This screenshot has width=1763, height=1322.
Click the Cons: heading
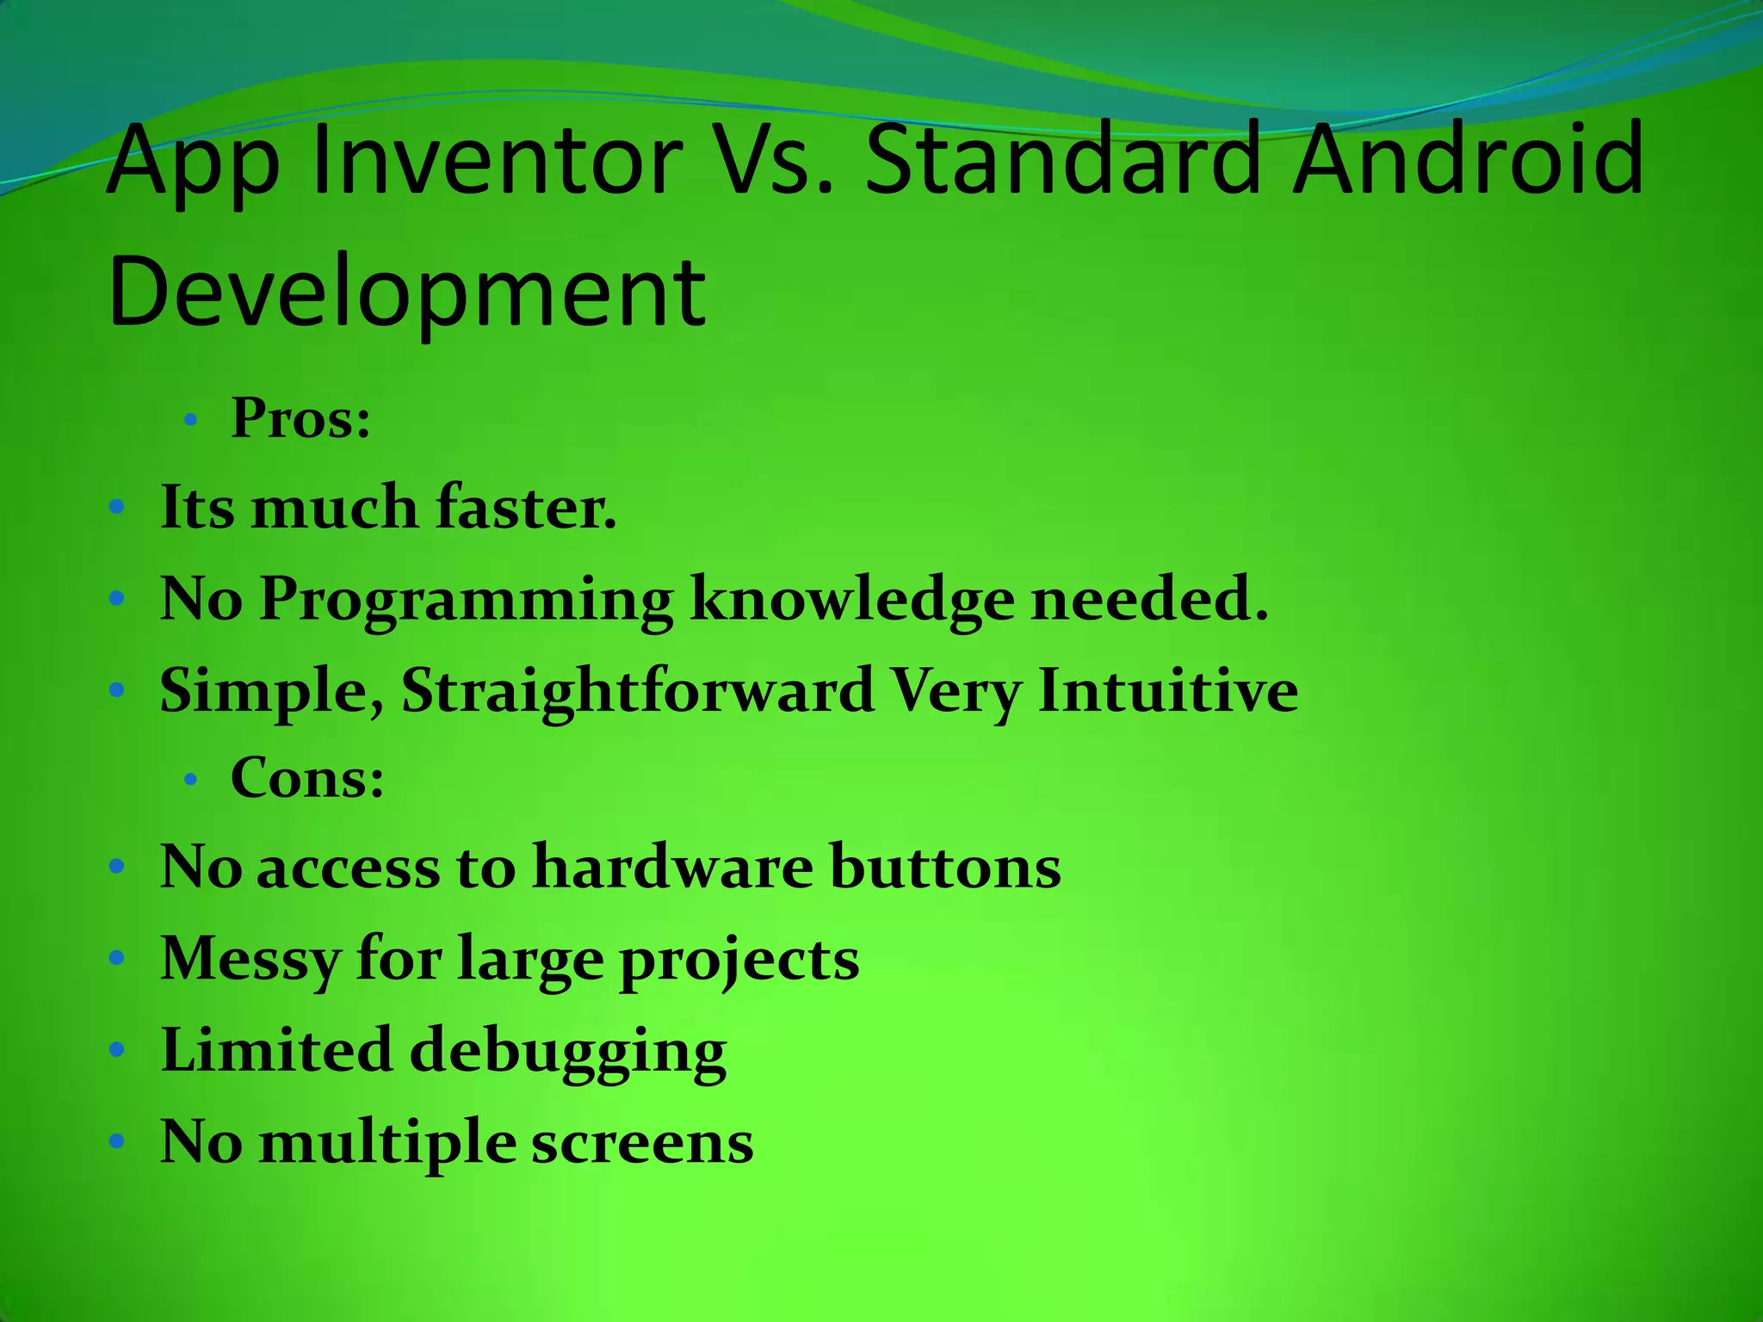pyautogui.click(x=307, y=778)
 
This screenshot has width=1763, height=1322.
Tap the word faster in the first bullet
pyautogui.click(x=526, y=507)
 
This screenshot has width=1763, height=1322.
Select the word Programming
pyautogui.click(x=466, y=599)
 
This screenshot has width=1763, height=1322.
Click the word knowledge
pyautogui.click(x=852, y=599)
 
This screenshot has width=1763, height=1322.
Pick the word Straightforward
pyautogui.click(x=638, y=691)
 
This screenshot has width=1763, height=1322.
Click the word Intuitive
pyautogui.click(x=1167, y=690)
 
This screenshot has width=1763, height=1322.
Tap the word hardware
pyautogui.click(x=672, y=867)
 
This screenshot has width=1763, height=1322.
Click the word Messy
pyautogui.click(x=251, y=959)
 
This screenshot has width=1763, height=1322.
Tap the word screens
pyautogui.click(x=642, y=1143)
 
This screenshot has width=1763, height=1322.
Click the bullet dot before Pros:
pyautogui.click(x=191, y=421)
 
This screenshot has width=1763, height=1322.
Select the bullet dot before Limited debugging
pyautogui.click(x=118, y=1050)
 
